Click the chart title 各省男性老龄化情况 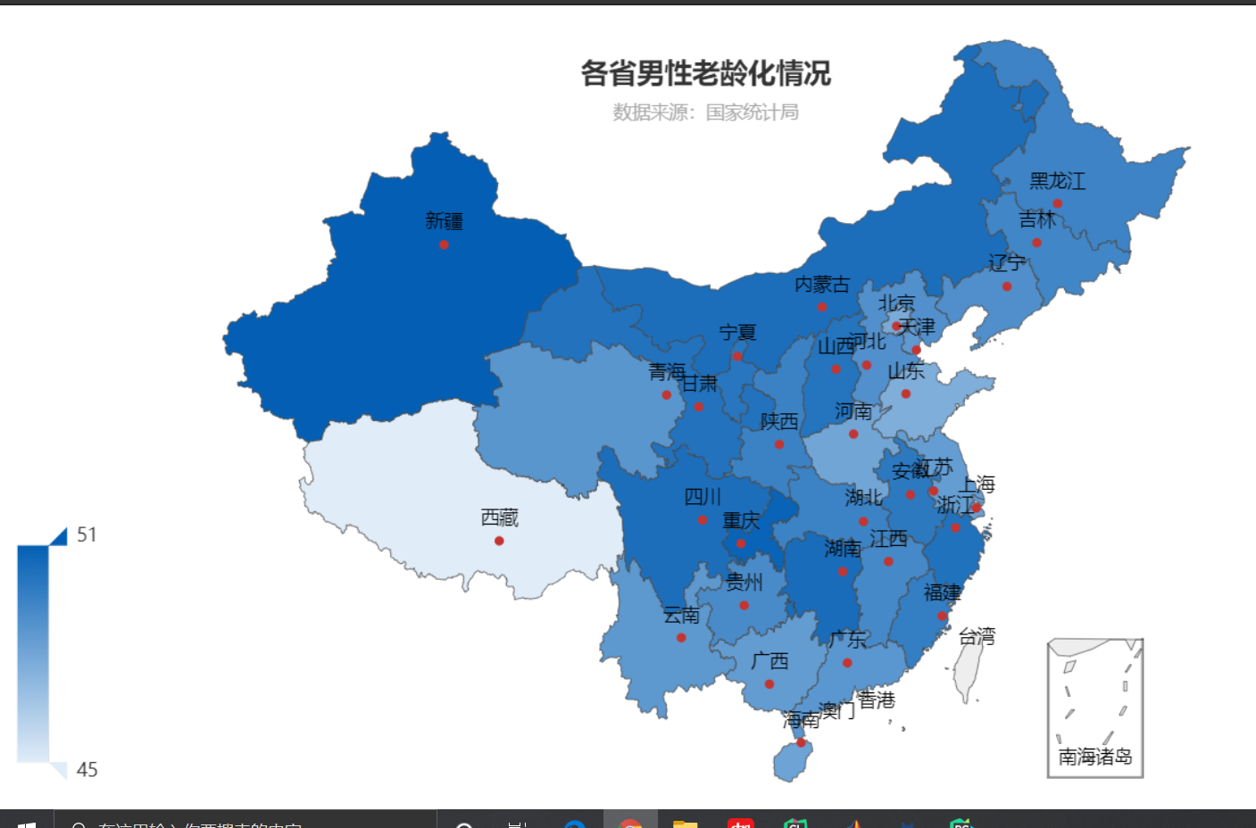pos(705,73)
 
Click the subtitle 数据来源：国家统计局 pos(705,112)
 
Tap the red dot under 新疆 pos(444,244)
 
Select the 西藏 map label pos(499,517)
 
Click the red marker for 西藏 pos(499,541)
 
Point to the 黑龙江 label pos(1057,181)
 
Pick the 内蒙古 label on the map pos(822,285)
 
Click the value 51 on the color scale pos(87,534)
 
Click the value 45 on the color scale pos(87,769)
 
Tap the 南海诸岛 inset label pos(1095,757)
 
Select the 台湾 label pos(977,636)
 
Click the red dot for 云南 pos(681,637)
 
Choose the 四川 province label pos(703,497)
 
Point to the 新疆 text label pos(444,220)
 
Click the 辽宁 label pos(1007,262)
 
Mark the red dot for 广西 pos(769,684)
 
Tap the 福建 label pos(942,592)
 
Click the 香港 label pos(876,700)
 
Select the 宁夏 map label pos(737,333)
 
